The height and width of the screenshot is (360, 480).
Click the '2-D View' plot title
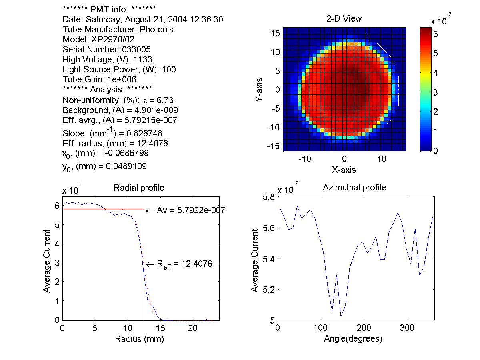[344, 18]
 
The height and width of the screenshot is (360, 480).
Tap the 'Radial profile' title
[139, 188]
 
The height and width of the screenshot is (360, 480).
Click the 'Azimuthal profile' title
[354, 187]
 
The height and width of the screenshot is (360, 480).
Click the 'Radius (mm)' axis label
[140, 339]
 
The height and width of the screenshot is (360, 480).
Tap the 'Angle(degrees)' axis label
[353, 339]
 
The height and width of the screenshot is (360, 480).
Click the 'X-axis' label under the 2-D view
[344, 170]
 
